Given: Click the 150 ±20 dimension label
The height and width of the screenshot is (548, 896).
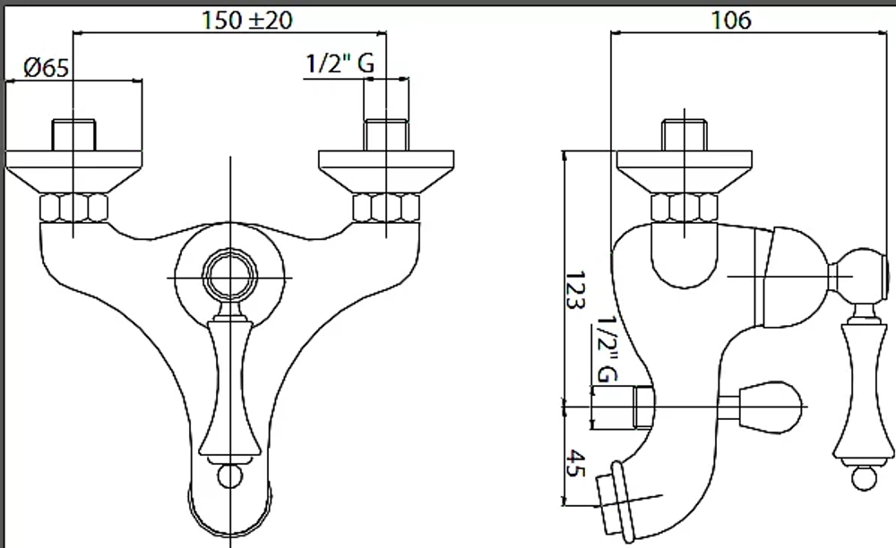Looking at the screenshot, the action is click(x=247, y=21).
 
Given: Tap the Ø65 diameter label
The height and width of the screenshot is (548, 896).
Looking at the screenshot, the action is click(x=47, y=67).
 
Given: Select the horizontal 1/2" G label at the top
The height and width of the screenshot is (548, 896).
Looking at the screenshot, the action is click(x=340, y=63).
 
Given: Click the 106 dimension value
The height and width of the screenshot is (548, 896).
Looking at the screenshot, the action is click(x=731, y=21).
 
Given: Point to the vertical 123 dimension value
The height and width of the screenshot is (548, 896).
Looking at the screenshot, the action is click(x=574, y=290).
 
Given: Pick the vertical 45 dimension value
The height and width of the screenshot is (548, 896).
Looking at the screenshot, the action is click(x=575, y=464).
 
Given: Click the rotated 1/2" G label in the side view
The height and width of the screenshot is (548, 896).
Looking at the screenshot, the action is click(x=607, y=350).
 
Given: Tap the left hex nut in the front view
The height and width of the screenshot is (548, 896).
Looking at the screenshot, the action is click(x=73, y=208).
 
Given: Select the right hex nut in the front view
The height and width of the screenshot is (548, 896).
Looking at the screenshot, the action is click(x=386, y=208).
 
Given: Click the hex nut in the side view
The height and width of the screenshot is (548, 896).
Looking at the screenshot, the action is click(x=685, y=208).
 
